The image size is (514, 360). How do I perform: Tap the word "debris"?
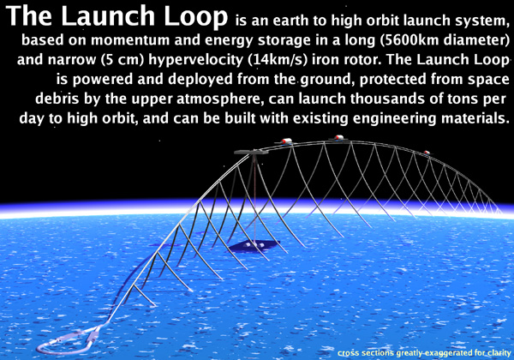[57, 99]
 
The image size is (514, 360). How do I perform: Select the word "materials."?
[475, 118]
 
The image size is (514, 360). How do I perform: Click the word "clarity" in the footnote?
[499, 353]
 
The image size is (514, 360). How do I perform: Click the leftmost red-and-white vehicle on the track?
[286, 141]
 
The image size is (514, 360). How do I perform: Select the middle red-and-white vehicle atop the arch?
[338, 138]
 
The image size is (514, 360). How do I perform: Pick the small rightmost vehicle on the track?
[427, 153]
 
